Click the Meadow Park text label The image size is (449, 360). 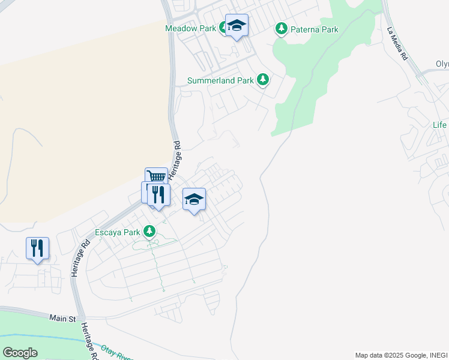coord(191,28)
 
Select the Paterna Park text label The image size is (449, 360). coord(315,29)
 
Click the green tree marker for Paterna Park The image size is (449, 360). coord(280,28)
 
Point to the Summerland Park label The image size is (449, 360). coord(220,80)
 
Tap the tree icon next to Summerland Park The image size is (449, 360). coord(262,79)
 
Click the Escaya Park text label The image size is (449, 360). coord(118,232)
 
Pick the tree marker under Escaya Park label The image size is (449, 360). coord(150,231)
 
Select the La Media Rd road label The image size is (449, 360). coord(397,43)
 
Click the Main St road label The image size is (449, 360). coord(63,317)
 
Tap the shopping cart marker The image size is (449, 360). coord(156,176)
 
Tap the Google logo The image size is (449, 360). coord(20,352)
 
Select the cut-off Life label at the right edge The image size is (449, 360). coord(439,125)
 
